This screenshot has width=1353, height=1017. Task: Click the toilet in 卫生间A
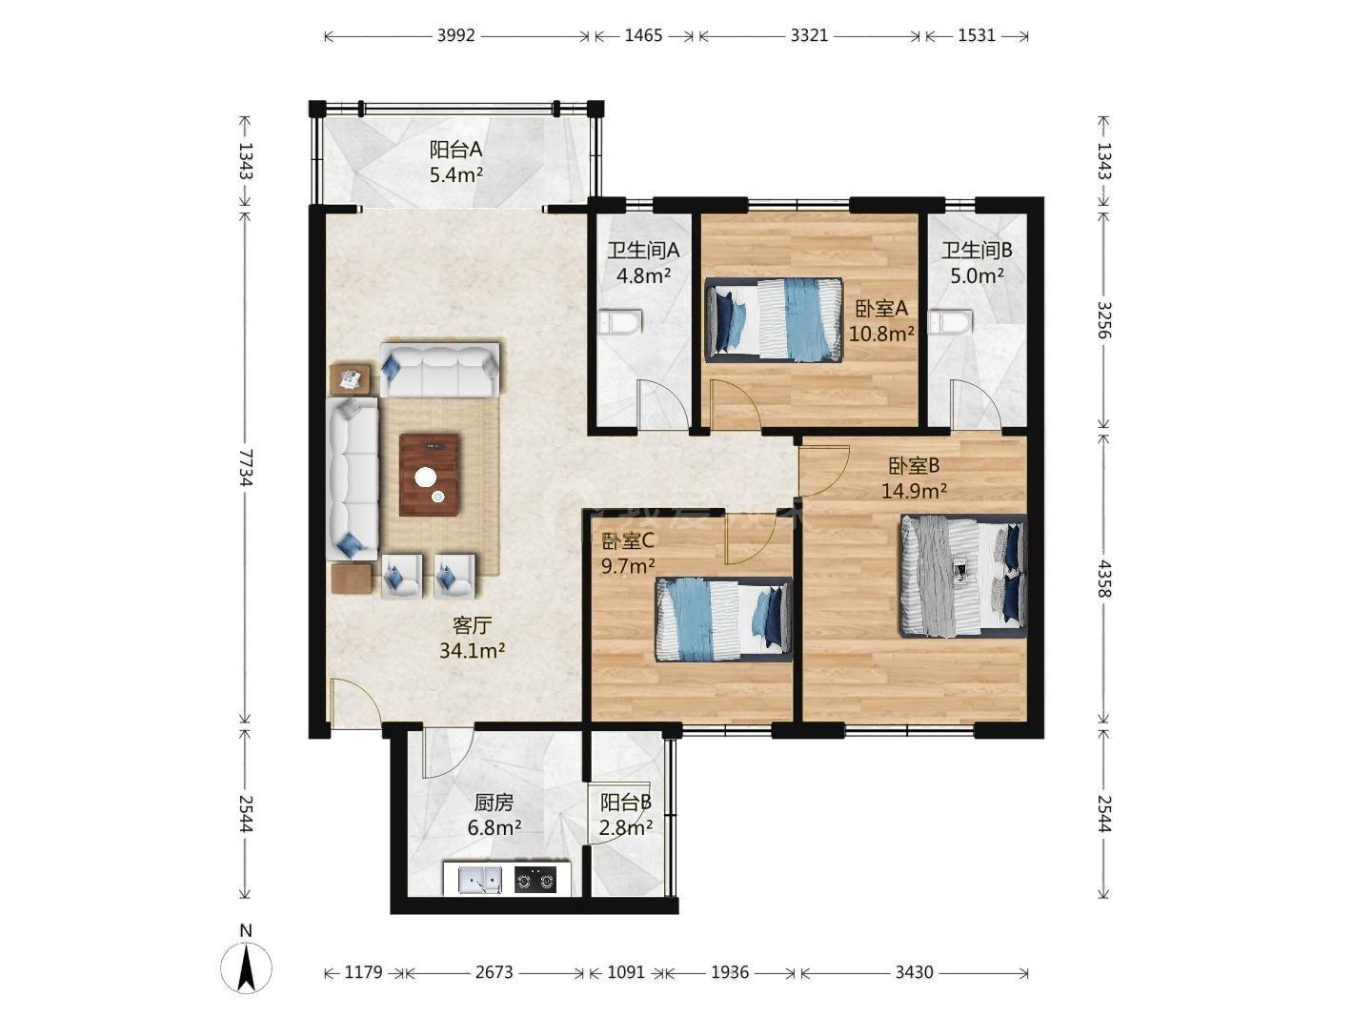620,322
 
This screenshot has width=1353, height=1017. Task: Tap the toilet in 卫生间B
951,322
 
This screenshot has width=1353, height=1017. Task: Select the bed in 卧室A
774,319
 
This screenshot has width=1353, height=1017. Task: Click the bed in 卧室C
723,619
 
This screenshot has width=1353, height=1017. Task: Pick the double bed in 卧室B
963,576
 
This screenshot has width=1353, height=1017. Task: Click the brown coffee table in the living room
429,475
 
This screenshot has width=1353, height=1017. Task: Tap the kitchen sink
480,880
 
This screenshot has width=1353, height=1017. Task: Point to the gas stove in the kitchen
535,880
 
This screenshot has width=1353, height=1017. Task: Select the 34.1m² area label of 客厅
473,650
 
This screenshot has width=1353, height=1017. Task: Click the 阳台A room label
455,149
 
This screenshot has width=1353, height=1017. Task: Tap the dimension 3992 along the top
456,35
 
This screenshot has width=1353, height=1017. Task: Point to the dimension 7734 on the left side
246,467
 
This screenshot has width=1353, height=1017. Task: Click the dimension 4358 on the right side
1104,579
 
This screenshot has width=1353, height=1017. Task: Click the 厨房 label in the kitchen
494,803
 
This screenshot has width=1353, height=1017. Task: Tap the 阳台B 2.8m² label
626,815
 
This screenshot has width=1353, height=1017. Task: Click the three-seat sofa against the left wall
352,478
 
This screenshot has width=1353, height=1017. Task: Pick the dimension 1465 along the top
643,35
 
